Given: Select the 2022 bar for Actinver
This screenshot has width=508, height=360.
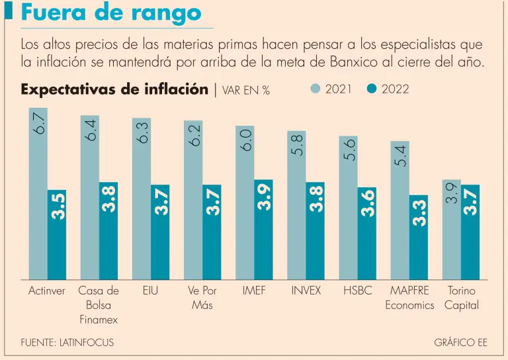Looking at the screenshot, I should click(57, 234).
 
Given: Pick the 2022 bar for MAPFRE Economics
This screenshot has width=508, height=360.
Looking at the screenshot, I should click(419, 237).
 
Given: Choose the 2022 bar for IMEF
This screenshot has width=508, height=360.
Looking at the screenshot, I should click(263, 229).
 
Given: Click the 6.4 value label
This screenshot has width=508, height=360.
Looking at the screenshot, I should click(91, 130).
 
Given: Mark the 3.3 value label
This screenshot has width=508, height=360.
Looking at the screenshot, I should click(419, 213).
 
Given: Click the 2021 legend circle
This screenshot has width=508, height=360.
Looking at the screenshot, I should click(316, 89).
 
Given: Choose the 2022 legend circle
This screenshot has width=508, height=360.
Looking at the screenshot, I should click(372, 89).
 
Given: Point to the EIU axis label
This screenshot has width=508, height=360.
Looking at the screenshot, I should click(150, 291).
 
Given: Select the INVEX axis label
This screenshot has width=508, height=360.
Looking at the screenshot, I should click(306, 291).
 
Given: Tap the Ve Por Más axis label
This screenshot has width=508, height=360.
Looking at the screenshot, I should click(202, 298).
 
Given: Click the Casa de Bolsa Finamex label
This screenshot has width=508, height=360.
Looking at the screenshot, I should click(99, 305).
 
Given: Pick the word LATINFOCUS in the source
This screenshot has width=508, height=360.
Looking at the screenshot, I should click(87, 343).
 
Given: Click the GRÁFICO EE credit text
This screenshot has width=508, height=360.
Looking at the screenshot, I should click(460, 343).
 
